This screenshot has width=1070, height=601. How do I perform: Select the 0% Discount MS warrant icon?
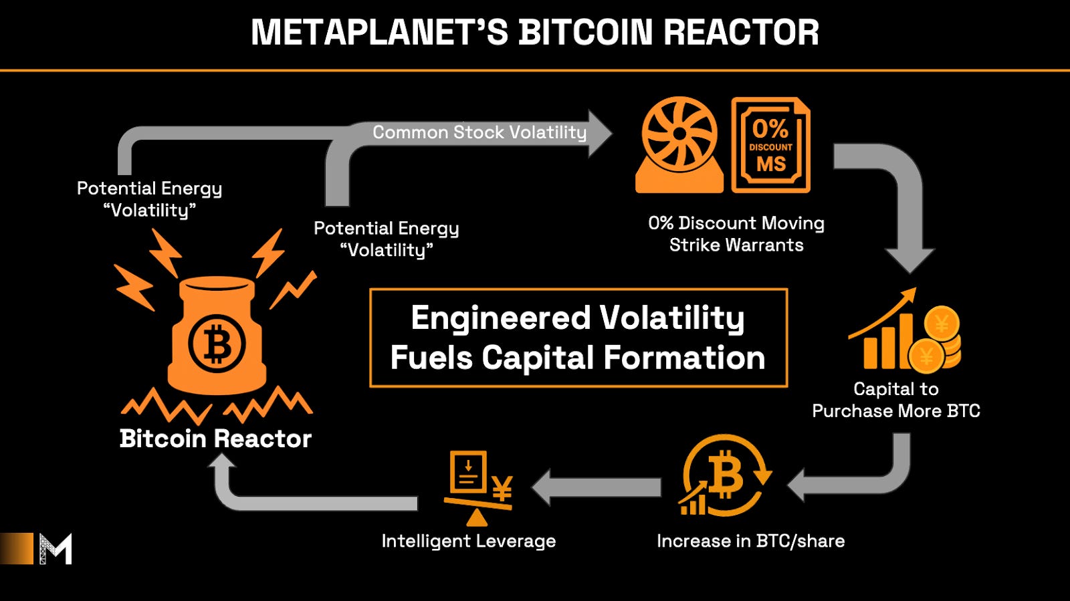pyautogui.click(x=770, y=145)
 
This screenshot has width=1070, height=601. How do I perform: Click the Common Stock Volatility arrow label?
pyautogui.click(x=479, y=132)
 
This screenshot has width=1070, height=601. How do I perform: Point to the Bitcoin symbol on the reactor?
pyautogui.click(x=217, y=344)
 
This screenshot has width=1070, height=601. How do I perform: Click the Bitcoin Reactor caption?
pyautogui.click(x=215, y=439)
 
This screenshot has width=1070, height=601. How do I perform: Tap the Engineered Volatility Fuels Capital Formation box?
pyautogui.click(x=578, y=338)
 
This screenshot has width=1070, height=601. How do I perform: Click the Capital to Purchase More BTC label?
pyautogui.click(x=896, y=400)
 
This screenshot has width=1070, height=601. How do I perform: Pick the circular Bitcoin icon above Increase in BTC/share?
pyautogui.click(x=724, y=477)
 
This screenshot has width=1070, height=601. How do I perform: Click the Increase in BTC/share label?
pyautogui.click(x=750, y=541)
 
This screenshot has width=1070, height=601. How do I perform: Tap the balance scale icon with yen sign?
pyautogui.click(x=477, y=487)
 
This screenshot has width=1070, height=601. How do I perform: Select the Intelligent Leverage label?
pyautogui.click(x=468, y=541)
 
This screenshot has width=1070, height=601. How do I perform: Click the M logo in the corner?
pyautogui.click(x=55, y=549)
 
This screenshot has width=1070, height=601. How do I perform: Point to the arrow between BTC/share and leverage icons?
pyautogui.click(x=595, y=487)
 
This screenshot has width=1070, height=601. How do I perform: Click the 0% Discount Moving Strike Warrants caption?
pyautogui.click(x=736, y=234)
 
